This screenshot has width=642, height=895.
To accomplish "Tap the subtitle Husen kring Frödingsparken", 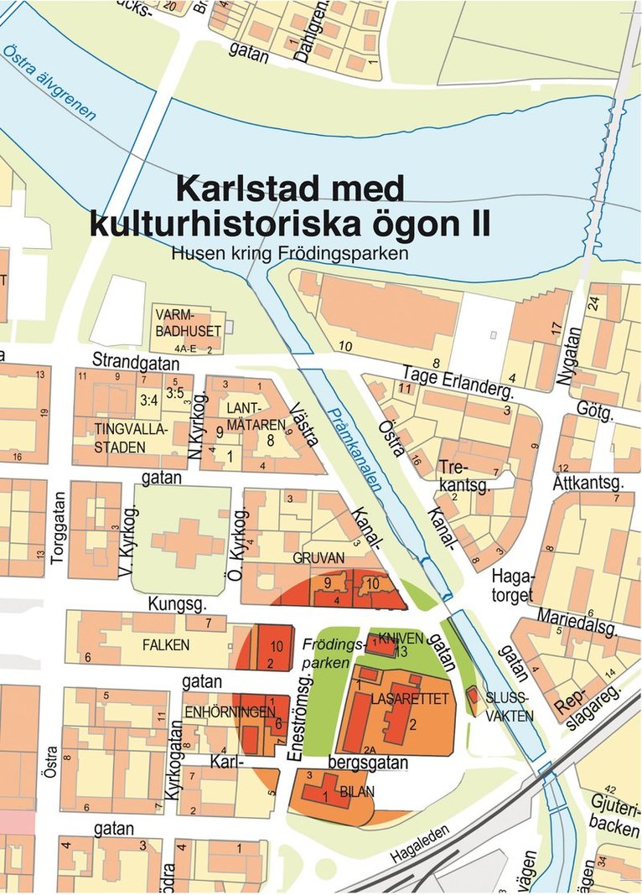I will coord(288,251).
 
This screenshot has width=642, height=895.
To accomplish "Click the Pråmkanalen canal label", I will coord(361,447).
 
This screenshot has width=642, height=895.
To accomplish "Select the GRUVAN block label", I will coord(315,558).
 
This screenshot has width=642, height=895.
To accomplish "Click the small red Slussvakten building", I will coord(471,695).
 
